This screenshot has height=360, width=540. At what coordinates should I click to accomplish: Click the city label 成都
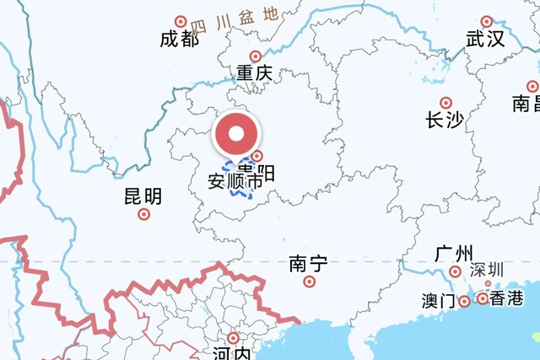pos(179,39)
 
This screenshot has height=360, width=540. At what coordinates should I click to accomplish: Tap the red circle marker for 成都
pos(180,21)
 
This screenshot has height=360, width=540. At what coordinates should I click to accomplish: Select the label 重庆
pos(254,74)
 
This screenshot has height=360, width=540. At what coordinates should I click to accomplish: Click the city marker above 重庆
pos(255,56)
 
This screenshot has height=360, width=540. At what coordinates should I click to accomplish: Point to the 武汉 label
pos(485,39)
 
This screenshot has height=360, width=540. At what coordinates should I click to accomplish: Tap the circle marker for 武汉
pos(486,21)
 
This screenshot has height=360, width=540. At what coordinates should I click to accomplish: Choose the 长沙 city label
pos(445,121)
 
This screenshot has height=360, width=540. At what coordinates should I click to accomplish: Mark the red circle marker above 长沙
pos(445,103)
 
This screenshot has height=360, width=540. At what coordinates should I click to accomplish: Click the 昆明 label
pos(143,197)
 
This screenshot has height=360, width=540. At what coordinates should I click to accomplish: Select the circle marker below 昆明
pos(143,214)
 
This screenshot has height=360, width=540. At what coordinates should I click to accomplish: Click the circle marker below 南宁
pos(310,282)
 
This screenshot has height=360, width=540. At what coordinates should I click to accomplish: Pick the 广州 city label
pos(454,254)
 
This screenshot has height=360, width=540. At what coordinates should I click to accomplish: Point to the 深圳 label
pos(487,270)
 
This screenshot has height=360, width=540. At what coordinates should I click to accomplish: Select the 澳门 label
pos(438,301)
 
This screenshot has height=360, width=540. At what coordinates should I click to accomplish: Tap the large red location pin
pos(236,134)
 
